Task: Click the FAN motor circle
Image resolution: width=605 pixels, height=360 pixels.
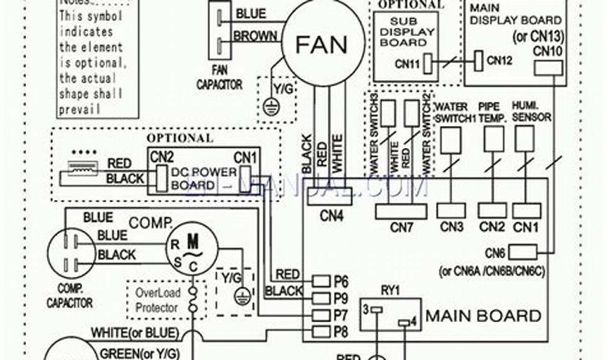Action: coord(321,43)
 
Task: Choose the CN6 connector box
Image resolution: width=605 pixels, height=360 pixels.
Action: coord(522,252)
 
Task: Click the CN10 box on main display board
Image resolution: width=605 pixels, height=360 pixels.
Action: coord(548,69)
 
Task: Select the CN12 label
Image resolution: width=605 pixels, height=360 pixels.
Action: coord(499,60)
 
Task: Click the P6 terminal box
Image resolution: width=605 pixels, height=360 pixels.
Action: coord(321,281)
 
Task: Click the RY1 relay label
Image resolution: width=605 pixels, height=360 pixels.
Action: coord(391,290)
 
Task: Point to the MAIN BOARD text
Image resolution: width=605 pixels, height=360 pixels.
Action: coord(483,315)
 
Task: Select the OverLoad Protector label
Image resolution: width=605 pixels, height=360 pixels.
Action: coord(156,300)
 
